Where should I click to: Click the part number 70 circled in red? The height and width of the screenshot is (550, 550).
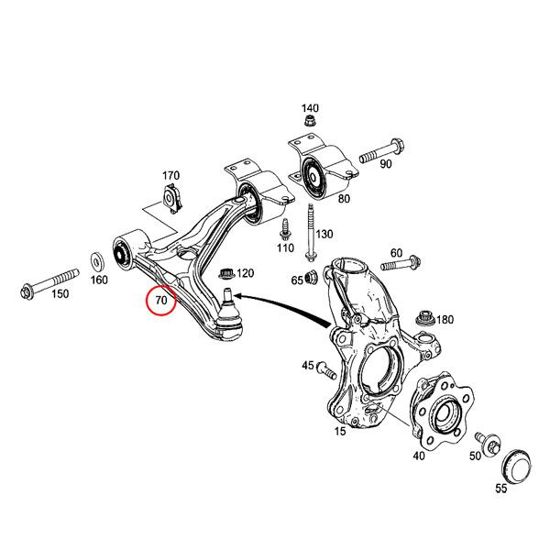tap(161, 300)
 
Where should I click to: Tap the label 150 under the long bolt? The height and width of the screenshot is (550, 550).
tap(60, 293)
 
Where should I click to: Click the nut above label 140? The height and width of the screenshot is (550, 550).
tap(311, 121)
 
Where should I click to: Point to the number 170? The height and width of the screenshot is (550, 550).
tap(171, 176)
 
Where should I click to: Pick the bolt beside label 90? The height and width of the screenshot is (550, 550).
tap(379, 150)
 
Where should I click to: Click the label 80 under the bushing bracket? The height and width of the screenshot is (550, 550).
tap(344, 198)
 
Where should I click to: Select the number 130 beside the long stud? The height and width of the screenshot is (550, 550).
tap(324, 234)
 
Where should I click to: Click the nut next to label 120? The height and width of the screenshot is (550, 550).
tap(227, 272)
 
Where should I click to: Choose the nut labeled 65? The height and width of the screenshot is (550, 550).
tap(311, 278)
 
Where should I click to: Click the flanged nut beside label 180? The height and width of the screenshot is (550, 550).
tap(424, 320)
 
